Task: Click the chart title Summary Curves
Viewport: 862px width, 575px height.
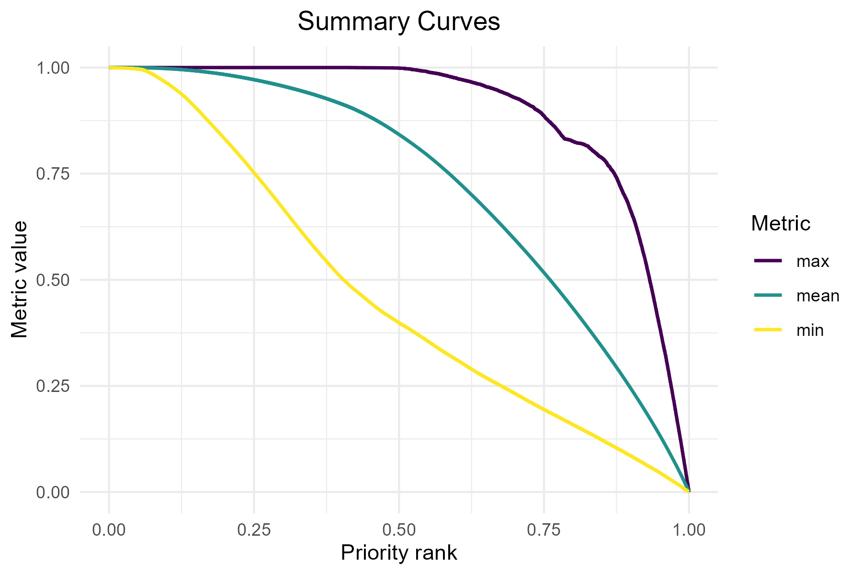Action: point(398,22)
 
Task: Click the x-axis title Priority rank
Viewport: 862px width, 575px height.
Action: point(398,552)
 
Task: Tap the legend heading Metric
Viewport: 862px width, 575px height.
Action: point(781,223)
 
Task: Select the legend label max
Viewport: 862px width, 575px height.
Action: point(813,262)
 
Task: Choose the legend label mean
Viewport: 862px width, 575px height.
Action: point(817,296)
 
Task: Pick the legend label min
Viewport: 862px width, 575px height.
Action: point(810,330)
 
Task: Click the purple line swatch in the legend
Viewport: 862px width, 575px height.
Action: point(768,261)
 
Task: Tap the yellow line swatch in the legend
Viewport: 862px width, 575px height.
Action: point(768,330)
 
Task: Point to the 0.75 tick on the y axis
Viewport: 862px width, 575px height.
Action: point(53,174)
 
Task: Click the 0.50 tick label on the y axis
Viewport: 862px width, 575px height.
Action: point(53,280)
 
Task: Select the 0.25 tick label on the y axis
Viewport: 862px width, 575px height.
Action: point(53,386)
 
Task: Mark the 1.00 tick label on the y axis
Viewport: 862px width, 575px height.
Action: point(53,68)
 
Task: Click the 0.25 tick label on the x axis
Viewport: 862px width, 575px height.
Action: point(254,530)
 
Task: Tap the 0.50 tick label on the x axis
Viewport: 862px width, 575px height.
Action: point(399,530)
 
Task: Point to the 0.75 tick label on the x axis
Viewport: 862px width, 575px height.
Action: point(544,530)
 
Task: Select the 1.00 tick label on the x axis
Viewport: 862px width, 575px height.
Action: point(689,530)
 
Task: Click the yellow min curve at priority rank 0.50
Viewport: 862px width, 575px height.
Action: point(399,322)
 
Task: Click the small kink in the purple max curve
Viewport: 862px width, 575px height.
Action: point(566,138)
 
